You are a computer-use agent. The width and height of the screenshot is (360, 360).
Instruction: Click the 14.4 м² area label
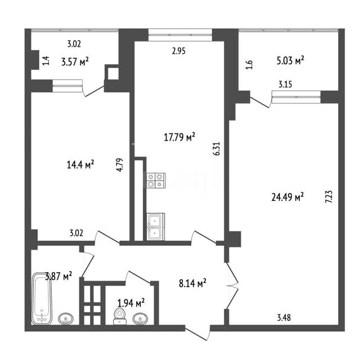click(80, 164)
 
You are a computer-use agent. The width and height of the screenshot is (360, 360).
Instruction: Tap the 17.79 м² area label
click(179, 137)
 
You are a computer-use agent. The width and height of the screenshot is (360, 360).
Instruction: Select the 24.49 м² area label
click(287, 197)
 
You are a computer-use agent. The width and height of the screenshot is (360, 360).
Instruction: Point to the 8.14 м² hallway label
click(192, 283)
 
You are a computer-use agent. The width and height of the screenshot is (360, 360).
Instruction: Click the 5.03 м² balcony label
click(290, 61)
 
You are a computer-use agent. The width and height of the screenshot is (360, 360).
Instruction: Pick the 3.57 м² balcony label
click(75, 61)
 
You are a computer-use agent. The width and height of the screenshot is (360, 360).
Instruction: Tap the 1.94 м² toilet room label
click(131, 303)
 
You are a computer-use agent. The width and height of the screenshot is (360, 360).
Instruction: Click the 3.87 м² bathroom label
click(58, 276)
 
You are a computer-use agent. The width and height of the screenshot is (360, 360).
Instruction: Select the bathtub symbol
click(42, 298)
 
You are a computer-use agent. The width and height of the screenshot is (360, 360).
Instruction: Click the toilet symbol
click(120, 316)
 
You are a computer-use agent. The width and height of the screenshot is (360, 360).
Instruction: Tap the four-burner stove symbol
click(156, 180)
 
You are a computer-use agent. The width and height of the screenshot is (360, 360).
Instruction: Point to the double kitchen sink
click(156, 227)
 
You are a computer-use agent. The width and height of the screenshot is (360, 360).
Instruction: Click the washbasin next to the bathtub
click(66, 319)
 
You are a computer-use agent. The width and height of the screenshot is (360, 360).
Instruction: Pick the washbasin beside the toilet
click(141, 319)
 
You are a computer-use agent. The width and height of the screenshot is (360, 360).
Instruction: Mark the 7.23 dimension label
click(328, 196)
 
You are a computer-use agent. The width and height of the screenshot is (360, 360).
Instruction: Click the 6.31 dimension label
click(217, 148)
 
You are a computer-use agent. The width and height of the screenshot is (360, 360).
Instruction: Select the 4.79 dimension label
click(120, 165)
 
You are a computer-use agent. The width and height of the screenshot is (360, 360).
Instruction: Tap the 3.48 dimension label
click(284, 317)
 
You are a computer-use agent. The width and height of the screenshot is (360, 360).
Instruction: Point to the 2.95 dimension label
click(179, 51)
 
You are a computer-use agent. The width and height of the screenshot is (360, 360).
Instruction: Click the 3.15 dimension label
click(285, 84)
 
